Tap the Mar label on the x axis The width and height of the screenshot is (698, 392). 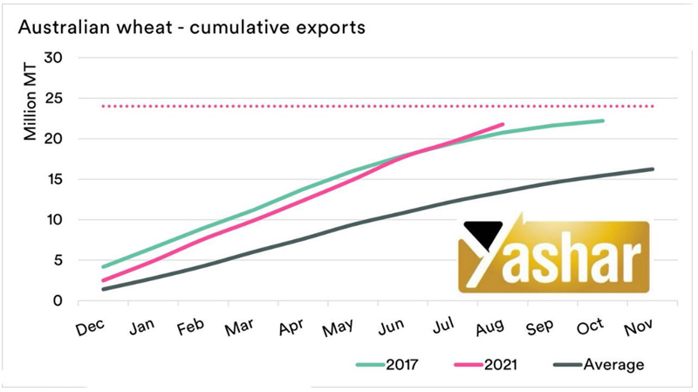tap(239, 330)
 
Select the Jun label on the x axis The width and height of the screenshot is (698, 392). tap(392, 329)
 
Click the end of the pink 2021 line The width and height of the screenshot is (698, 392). tap(503, 125)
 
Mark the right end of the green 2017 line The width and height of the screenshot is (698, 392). tap(603, 120)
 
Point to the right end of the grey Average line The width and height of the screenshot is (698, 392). tap(653, 169)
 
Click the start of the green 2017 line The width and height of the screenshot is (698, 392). tap(103, 267)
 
